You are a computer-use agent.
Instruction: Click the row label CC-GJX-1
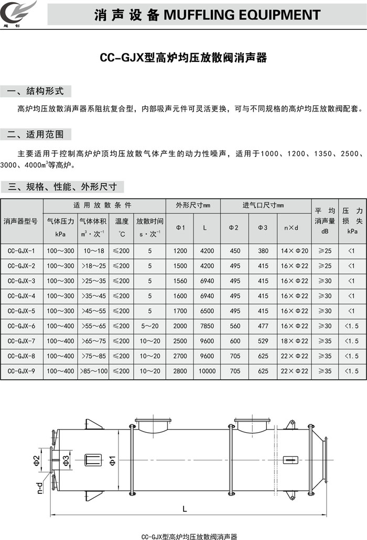[21, 251]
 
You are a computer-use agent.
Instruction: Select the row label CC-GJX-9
[21, 371]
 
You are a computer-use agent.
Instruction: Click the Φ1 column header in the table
[180, 228]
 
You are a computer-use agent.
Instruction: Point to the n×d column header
[294, 228]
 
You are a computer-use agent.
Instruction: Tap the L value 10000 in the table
[207, 371]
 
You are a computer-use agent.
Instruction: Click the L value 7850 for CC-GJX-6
[207, 326]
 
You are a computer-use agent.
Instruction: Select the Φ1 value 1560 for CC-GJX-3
[180, 281]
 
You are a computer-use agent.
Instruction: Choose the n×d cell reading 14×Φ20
[294, 251]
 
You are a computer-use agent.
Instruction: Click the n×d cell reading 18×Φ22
[294, 341]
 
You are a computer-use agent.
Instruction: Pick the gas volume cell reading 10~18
[94, 251]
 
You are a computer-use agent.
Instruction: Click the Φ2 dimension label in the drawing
[36, 460]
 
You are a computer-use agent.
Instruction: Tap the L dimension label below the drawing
[185, 508]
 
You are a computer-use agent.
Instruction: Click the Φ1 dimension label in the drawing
[112, 460]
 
